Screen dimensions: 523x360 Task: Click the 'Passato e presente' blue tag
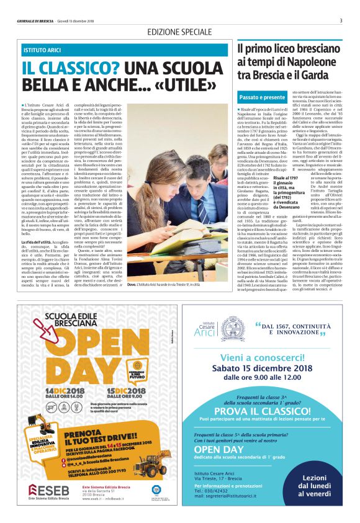tap(262, 97)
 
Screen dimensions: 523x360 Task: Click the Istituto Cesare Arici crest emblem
tap(233, 328)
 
